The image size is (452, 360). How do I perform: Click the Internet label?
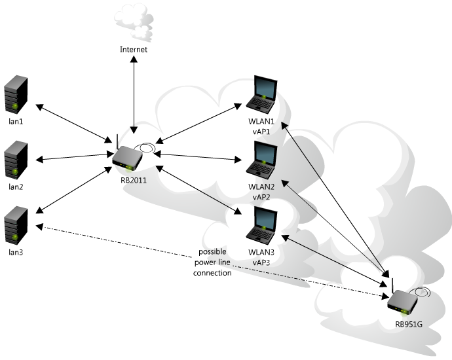(x=134, y=50)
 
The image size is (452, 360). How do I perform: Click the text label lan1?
(x=16, y=122)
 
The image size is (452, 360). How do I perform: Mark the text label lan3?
(x=16, y=251)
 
